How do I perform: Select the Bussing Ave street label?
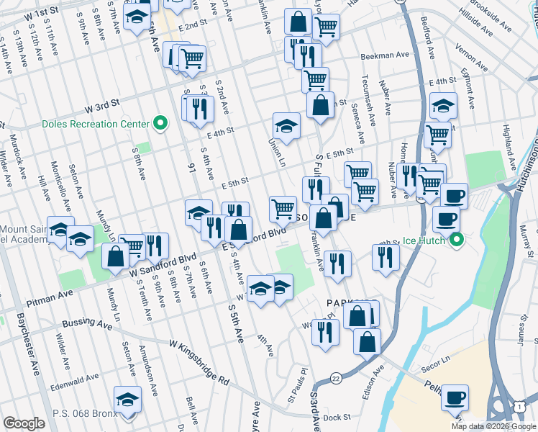pos(88,324)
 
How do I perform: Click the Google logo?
pos(24,423)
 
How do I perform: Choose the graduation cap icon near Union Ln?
pos(286,126)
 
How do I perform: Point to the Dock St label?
pos(336,417)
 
